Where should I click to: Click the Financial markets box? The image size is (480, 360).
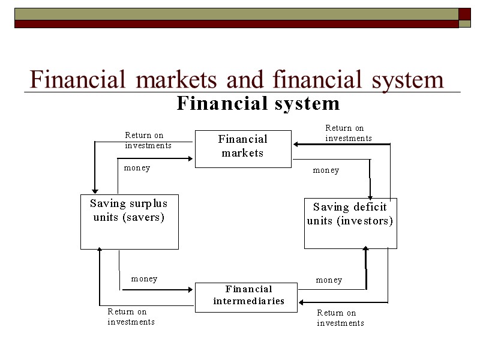pos(243,148)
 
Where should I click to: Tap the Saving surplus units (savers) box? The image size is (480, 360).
pos(129,221)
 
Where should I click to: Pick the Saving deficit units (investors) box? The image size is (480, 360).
pos(350,223)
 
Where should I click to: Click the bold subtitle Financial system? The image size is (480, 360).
pos(258,104)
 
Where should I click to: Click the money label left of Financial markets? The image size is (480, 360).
pos(137,168)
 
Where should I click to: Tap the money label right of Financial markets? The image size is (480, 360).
pos(326,170)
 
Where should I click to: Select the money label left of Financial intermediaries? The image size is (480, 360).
pos(144,279)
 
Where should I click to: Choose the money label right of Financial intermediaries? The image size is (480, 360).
pos(329,280)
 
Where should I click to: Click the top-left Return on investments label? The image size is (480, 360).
pos(148,140)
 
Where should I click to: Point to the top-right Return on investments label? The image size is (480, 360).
pos(348,133)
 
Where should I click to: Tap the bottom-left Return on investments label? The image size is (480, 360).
pos(131,317)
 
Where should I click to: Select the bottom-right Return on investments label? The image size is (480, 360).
pos(340,318)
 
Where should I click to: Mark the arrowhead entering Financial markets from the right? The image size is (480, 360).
pos(295,144)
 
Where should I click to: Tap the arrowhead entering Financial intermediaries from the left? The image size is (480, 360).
pos(191,290)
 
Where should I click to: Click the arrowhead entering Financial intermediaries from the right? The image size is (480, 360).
pos(302,301)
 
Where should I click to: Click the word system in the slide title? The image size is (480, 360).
pos(407,79)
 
